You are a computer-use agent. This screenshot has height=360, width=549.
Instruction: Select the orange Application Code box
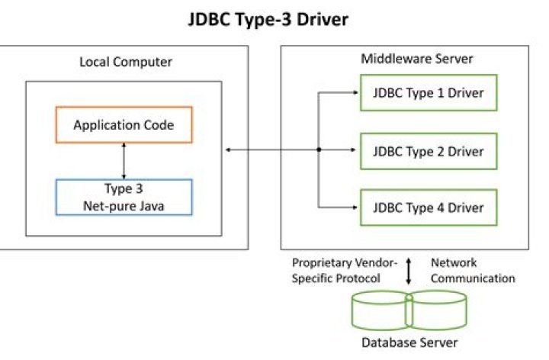coord(124,124)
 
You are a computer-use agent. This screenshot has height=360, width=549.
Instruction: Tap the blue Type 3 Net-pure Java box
coord(124,197)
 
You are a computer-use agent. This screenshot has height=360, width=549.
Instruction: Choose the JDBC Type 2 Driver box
coord(428,150)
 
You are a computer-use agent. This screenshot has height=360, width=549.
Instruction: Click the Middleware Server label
coord(405,59)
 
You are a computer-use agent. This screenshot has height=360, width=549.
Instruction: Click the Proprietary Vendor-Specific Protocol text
coord(345,270)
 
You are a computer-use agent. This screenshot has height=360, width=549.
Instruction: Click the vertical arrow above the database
coord(409,271)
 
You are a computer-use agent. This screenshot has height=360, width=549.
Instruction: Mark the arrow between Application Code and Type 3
coord(124,160)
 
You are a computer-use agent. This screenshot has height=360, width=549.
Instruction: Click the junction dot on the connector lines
coord(318,150)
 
